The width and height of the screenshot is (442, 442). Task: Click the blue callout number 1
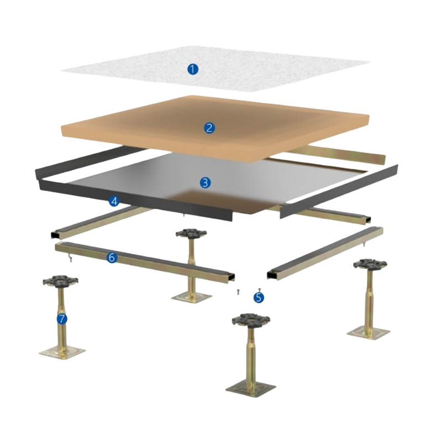[x=192, y=69]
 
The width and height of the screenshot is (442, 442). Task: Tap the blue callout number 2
[x=209, y=128]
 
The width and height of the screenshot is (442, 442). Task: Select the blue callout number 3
[x=205, y=182]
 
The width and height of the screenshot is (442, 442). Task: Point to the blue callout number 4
[x=114, y=201]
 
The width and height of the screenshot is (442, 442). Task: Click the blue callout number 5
[x=259, y=297]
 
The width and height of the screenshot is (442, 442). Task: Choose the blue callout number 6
[x=112, y=257]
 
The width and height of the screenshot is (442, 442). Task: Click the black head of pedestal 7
[x=60, y=281]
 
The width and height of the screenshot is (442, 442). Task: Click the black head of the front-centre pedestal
[x=250, y=320]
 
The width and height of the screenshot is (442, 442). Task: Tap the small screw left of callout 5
[x=236, y=291]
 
